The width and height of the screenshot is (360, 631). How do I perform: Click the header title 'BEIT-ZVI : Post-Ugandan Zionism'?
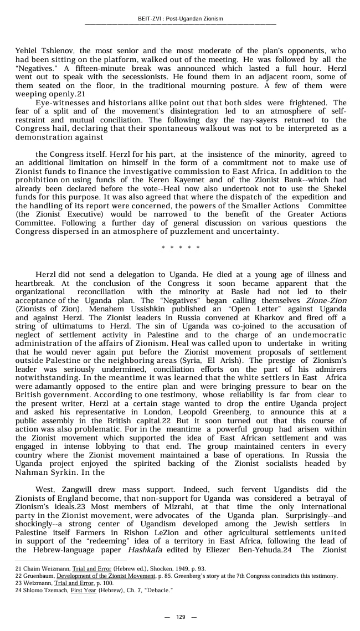[180, 19]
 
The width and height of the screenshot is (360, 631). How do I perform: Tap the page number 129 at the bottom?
[180, 617]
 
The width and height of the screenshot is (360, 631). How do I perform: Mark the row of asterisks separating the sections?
[181, 247]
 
